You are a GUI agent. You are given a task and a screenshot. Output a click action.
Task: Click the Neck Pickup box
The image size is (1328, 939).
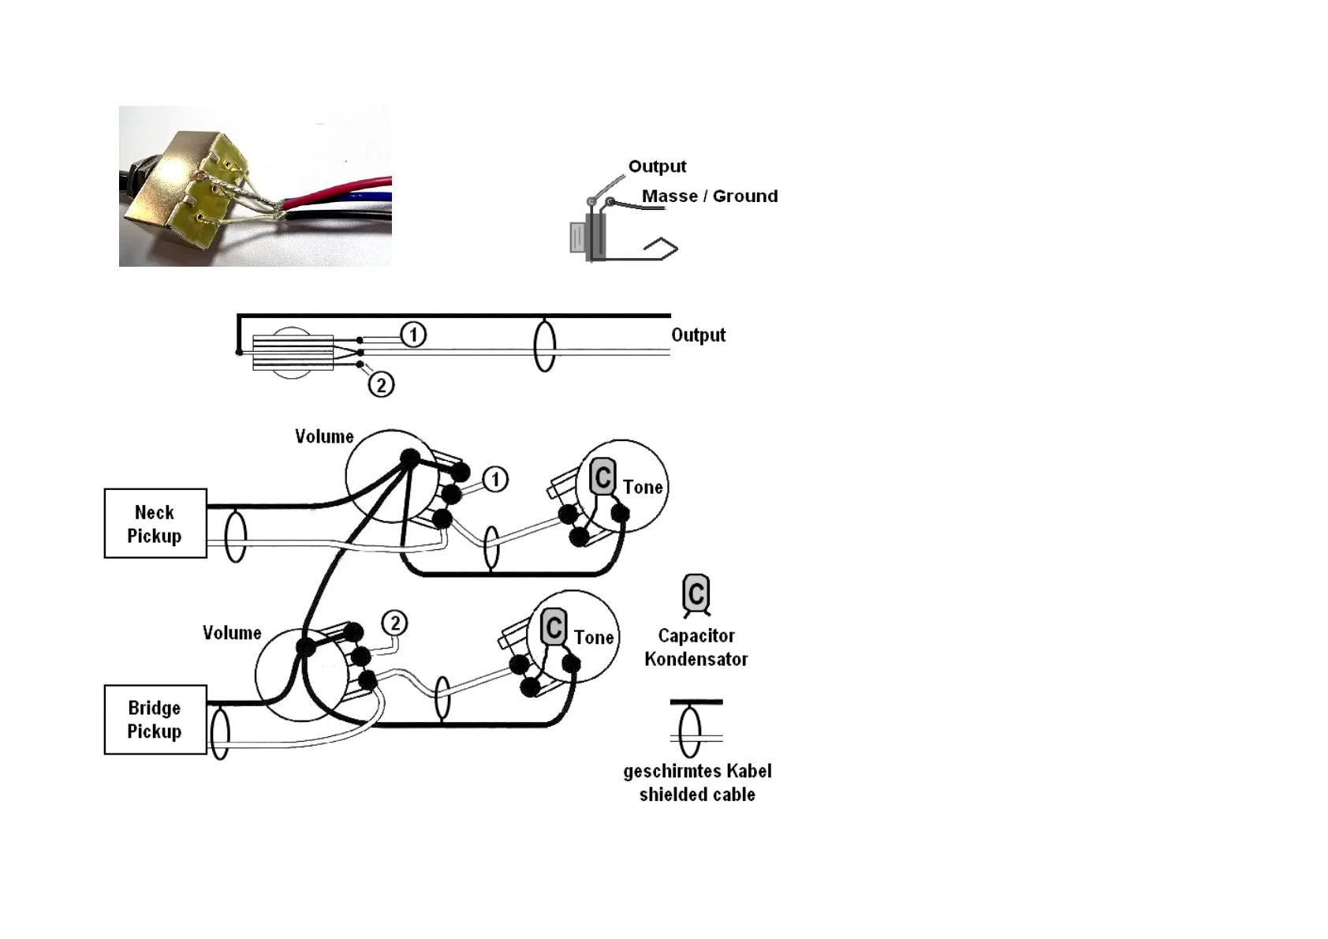pyautogui.click(x=155, y=523)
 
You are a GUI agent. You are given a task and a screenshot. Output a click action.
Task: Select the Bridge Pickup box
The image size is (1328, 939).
pyautogui.click(x=155, y=719)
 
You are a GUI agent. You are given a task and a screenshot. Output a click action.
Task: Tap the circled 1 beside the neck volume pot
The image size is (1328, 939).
pyautogui.click(x=495, y=479)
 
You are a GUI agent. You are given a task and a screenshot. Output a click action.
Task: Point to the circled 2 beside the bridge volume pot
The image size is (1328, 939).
pyautogui.click(x=394, y=623)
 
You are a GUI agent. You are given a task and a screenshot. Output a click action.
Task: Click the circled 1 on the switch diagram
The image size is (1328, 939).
pyautogui.click(x=413, y=335)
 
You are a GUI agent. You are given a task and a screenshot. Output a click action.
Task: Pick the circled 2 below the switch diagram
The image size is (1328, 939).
pyautogui.click(x=381, y=385)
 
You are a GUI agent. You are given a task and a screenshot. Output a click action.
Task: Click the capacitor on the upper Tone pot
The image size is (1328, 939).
pyautogui.click(x=602, y=477)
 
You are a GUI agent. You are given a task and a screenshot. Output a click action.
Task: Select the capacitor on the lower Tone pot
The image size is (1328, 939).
pyautogui.click(x=554, y=627)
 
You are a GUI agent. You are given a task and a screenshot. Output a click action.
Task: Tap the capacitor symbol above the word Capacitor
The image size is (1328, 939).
pyautogui.click(x=696, y=593)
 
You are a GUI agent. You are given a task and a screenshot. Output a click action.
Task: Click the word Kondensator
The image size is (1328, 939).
pyautogui.click(x=696, y=659)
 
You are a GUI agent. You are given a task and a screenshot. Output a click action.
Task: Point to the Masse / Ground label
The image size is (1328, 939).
pyautogui.click(x=709, y=196)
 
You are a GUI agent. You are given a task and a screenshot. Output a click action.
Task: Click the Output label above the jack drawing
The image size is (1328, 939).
pyautogui.click(x=657, y=166)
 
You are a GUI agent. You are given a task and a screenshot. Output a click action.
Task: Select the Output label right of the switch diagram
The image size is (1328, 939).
pyautogui.click(x=698, y=335)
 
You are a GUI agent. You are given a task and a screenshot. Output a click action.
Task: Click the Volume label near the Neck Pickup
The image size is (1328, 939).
pyautogui.click(x=324, y=436)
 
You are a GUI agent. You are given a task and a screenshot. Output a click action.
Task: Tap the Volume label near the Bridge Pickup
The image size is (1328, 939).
pyautogui.click(x=232, y=633)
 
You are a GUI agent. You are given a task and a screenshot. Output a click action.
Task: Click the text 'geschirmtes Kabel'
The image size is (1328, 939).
pyautogui.click(x=697, y=771)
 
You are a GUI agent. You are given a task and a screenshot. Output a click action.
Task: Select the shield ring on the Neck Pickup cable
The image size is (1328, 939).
pyautogui.click(x=235, y=537)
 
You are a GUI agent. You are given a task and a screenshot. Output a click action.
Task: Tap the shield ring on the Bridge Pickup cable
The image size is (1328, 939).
pyautogui.click(x=220, y=733)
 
